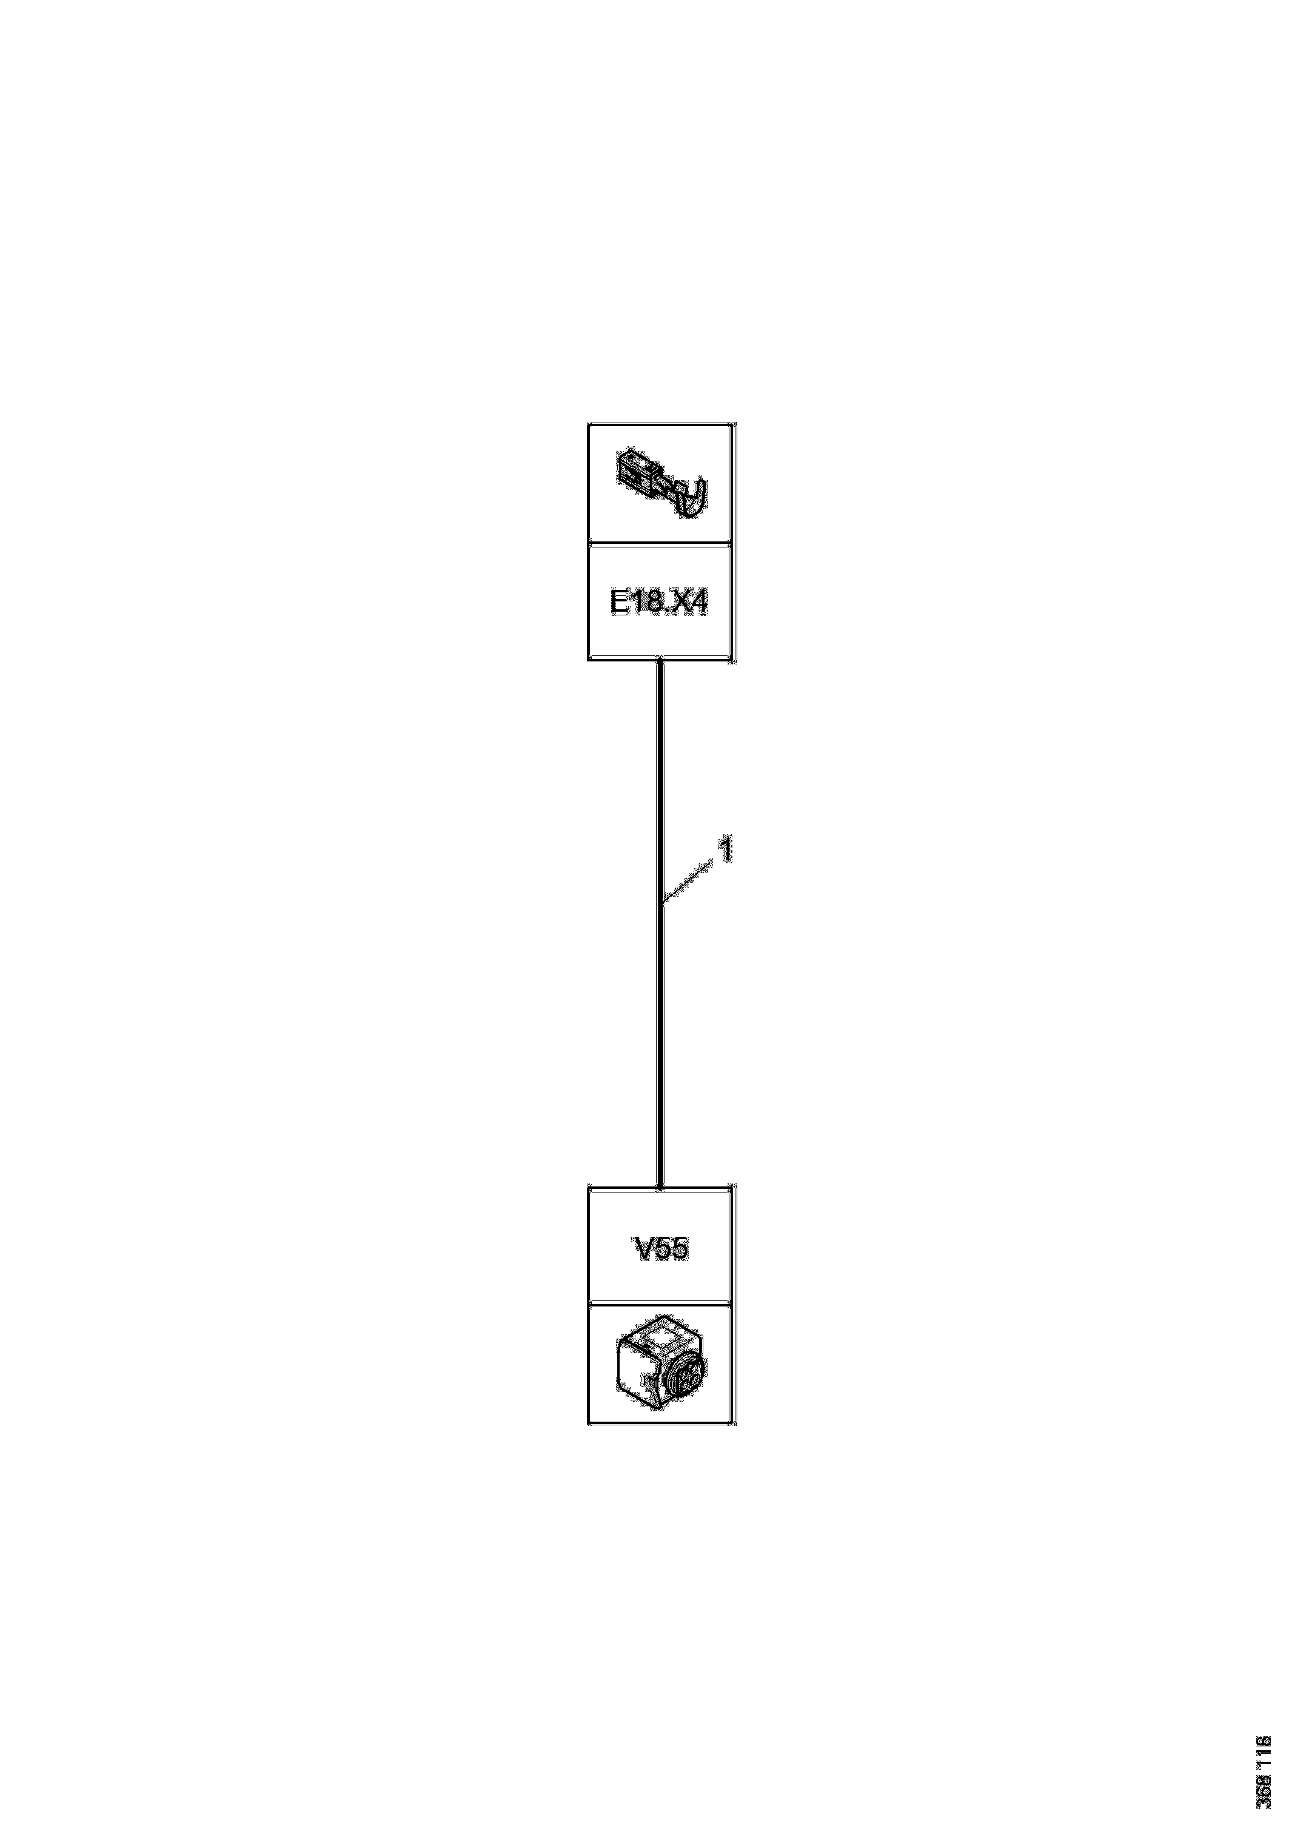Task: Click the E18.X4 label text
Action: [658, 603]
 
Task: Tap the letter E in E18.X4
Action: [618, 603]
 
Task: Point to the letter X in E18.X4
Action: [676, 603]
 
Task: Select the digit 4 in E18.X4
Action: [697, 603]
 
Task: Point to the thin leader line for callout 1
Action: [687, 882]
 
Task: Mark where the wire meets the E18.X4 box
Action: [660, 661]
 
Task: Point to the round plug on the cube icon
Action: [685, 1379]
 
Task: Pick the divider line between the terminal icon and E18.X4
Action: [658, 544]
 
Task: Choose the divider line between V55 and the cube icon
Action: [658, 1303]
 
